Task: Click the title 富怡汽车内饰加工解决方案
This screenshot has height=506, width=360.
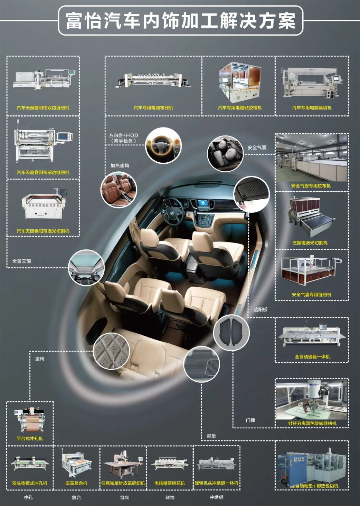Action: tap(180, 21)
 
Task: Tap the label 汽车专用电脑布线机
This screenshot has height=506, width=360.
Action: tap(153, 108)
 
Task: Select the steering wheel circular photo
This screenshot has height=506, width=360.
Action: tap(163, 145)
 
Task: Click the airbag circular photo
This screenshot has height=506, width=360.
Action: tap(225, 153)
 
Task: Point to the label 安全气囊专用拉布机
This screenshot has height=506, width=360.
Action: tap(311, 186)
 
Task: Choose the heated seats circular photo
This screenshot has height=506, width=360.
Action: tap(119, 190)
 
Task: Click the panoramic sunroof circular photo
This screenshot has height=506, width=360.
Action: tap(86, 267)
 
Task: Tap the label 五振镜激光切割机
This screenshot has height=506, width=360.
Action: tap(310, 243)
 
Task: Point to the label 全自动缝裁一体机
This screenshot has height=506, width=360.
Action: tap(312, 357)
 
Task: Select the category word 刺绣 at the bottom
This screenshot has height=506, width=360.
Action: tap(170, 497)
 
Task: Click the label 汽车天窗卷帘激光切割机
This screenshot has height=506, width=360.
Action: tap(43, 231)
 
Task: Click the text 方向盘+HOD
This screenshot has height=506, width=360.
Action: tap(123, 135)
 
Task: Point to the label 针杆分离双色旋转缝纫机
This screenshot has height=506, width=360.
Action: tap(312, 423)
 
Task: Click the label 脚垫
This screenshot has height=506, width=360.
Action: tap(211, 436)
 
